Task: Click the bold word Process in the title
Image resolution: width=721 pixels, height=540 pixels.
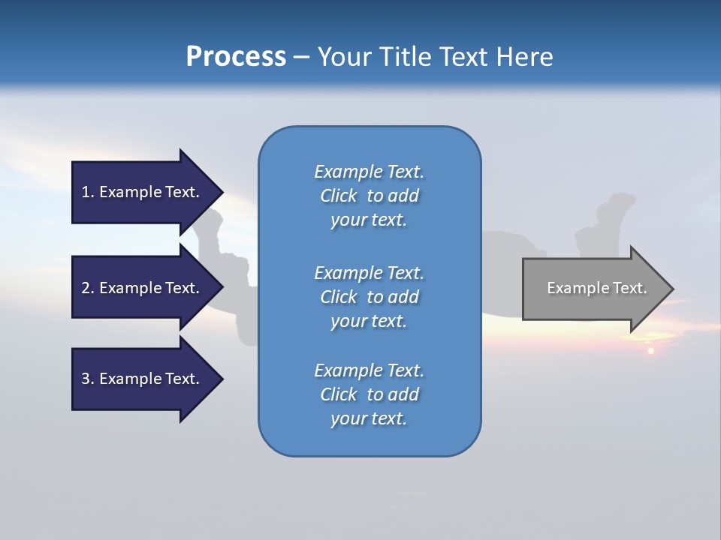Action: pos(236,57)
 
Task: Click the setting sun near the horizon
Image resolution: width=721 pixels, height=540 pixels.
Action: pos(650,350)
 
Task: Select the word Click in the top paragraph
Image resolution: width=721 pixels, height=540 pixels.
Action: pos(339,196)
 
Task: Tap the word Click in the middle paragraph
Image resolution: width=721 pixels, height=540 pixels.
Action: pos(339,297)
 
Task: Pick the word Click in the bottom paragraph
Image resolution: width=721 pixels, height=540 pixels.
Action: pos(339,394)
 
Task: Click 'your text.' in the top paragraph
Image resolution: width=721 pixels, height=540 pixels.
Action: pos(369,220)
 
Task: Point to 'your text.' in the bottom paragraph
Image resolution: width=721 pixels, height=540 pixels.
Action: pos(369,418)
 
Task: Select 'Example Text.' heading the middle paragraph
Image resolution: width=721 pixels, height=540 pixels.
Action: pos(369,273)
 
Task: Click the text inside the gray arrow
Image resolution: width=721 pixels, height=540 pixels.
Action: pos(596,288)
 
